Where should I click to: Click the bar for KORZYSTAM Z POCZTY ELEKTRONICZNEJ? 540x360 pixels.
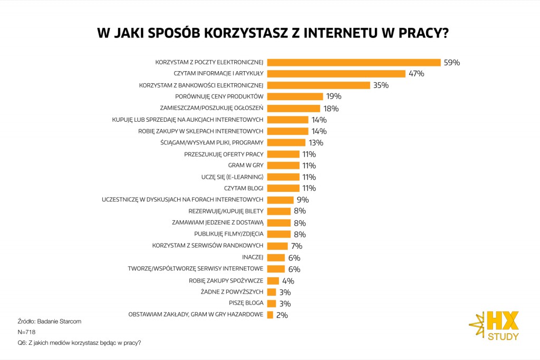(x=354, y=62)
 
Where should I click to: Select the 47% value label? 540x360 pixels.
(x=416, y=74)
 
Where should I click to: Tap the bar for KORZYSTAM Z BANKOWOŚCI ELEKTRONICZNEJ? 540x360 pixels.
(x=319, y=85)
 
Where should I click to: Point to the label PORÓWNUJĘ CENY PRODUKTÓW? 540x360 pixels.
(x=219, y=96)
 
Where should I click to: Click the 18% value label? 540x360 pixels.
(x=331, y=109)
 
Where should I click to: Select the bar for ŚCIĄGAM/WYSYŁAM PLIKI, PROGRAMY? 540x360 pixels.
(x=286, y=142)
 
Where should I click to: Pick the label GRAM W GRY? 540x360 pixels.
(x=249, y=166)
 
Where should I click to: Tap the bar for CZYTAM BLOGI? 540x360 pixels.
(x=284, y=188)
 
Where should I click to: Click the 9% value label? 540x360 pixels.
(x=303, y=200)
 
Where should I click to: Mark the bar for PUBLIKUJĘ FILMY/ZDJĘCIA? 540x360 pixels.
(x=279, y=234)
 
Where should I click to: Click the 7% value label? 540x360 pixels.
(x=297, y=246)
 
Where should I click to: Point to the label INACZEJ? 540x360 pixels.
(x=253, y=257)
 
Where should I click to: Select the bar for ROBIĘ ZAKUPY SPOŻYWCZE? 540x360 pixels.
(x=273, y=280)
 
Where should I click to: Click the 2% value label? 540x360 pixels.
(x=282, y=315)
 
